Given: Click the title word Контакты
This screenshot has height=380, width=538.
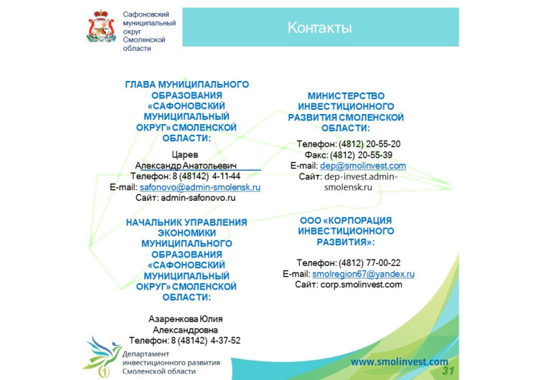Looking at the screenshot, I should pos(319,28).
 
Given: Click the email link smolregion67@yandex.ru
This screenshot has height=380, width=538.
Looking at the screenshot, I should pos(363,274).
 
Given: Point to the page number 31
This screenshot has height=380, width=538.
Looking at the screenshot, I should pos(448,371).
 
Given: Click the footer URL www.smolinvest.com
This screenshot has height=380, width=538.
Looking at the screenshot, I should pos(399,362).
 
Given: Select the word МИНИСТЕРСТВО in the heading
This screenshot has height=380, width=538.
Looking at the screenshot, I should pos(346,95).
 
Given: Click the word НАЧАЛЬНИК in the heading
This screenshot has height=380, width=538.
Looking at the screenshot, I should pos(154,222).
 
